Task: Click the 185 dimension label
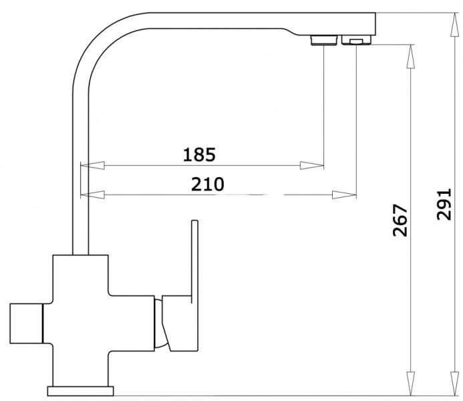coord(199,155)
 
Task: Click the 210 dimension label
coord(208,184)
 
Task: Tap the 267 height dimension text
coord(400,221)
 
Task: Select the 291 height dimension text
coord(444,204)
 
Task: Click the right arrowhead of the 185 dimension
coord(312,165)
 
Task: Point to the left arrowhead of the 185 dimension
coord(92,165)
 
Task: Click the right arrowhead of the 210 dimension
coord(344,195)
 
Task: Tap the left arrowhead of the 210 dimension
coord(92,195)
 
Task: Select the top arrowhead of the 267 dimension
coord(411,56)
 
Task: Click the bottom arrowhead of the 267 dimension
coord(411,384)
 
